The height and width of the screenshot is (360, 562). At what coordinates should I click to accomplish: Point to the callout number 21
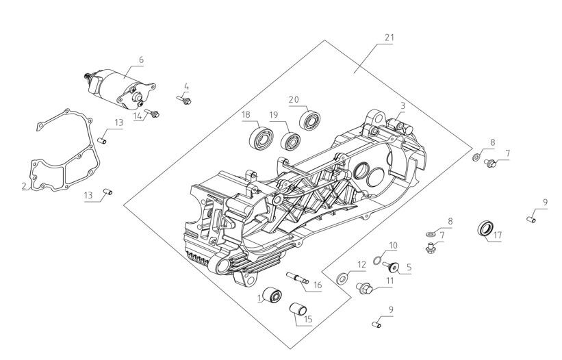tap(389, 38)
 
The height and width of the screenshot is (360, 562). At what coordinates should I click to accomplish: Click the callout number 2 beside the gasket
tap(24, 185)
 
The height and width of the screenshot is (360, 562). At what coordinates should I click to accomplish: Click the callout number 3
tap(403, 105)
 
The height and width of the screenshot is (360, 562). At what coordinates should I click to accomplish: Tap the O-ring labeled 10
tap(377, 261)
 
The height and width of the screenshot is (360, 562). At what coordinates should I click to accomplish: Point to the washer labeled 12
tap(342, 279)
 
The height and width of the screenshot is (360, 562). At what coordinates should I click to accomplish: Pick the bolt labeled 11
tap(364, 289)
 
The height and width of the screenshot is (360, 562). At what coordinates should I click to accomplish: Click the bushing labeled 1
tap(275, 296)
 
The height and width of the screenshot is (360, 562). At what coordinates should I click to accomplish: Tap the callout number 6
tap(141, 60)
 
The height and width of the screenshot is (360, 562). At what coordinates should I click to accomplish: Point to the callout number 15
tap(308, 319)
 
